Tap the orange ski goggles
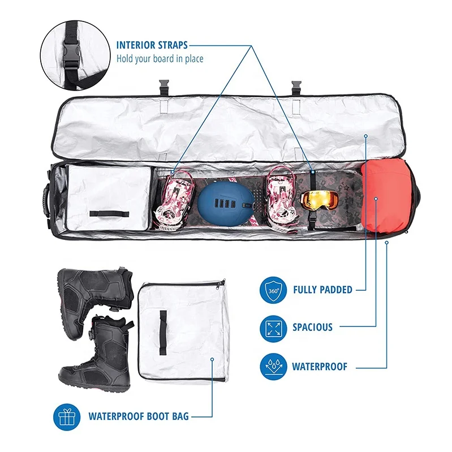pyautogui.click(x=320, y=199)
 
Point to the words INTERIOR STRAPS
pyautogui.click(x=152, y=45)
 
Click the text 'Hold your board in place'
pyautogui.click(x=160, y=58)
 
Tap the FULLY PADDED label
pyautogui.click(x=322, y=290)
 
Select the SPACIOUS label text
pyautogui.click(x=312, y=327)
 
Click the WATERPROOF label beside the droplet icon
pyautogui.click(x=320, y=366)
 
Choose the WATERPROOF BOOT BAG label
pyautogui.click(x=139, y=416)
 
